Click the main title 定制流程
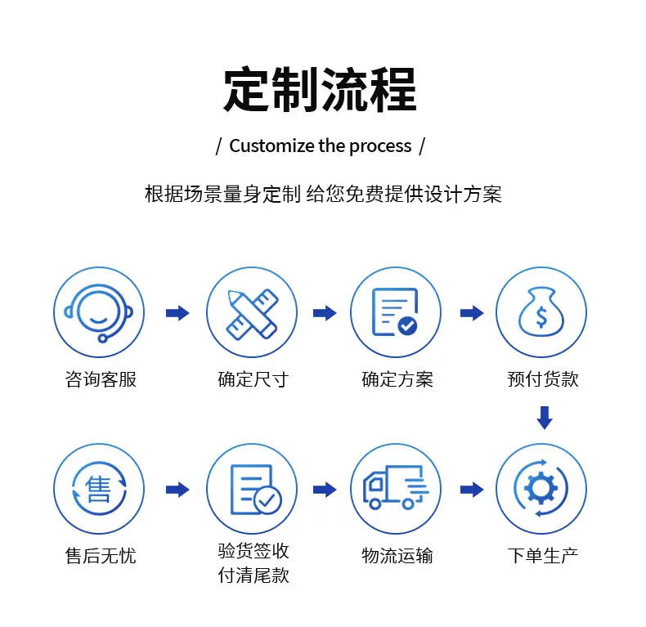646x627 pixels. [320, 89]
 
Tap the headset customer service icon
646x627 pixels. [99, 312]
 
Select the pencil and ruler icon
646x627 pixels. [251, 312]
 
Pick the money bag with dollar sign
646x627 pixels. [541, 312]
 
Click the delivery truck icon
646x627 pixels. [396, 489]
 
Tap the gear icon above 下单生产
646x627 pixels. [541, 489]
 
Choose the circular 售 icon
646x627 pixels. [99, 489]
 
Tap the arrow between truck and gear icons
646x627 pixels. [472, 490]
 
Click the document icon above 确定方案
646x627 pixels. [396, 312]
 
